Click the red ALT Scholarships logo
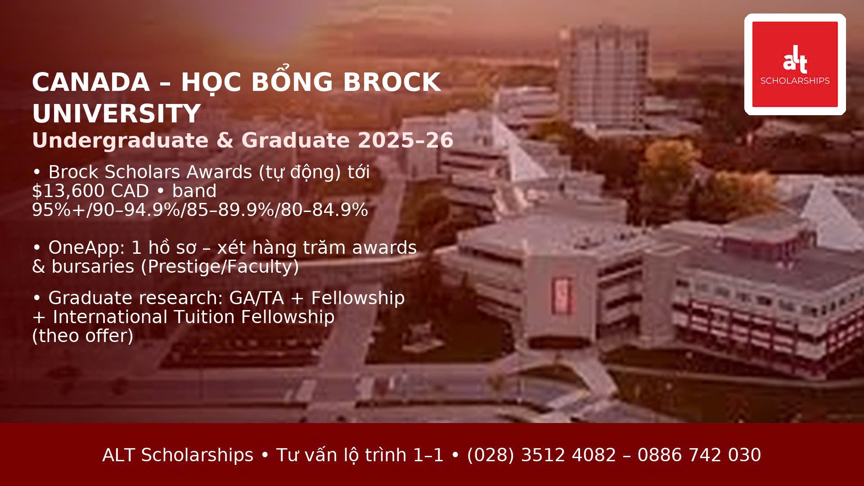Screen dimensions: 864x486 pos(795,64)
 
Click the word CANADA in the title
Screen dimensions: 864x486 pos(91,82)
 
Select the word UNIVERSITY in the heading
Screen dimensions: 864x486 pos(117,113)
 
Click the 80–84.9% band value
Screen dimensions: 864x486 pos(324,210)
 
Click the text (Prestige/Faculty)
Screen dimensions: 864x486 pos(220,267)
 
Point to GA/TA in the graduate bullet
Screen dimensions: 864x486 pos(256,298)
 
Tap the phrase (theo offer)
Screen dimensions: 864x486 pos(83,336)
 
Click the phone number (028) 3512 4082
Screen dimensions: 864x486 pos(541,455)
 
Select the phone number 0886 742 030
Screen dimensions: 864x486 pos(699,455)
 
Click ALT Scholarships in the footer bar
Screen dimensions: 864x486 pos(178,455)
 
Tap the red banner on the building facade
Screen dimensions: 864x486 pos(562,295)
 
